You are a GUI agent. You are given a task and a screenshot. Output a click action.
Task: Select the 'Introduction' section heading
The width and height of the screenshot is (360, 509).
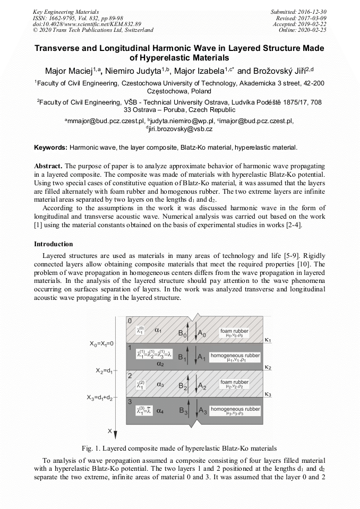(x=54, y=244)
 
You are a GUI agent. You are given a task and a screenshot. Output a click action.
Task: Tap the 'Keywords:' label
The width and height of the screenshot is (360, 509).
(x=50, y=147)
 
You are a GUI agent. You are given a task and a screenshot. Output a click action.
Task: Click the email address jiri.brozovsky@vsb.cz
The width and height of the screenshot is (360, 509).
(x=181, y=129)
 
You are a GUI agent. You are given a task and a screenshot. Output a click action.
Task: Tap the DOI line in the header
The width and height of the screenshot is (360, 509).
(x=87, y=24)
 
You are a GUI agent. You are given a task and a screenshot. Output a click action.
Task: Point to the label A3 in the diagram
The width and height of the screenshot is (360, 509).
(x=202, y=411)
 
